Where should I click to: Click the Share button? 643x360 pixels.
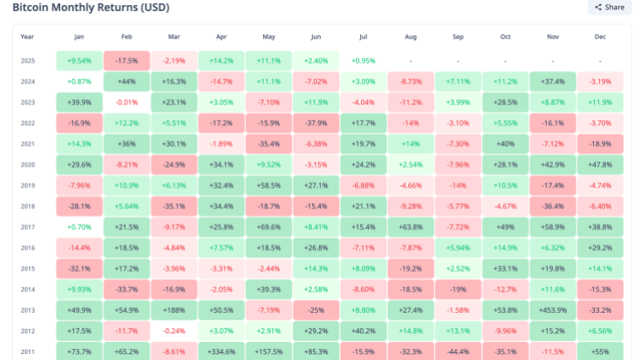tap(610, 7)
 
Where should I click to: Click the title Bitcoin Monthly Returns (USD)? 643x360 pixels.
tap(90, 7)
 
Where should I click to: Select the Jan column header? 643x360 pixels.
tap(79, 37)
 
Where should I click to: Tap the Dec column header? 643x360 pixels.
tap(600, 37)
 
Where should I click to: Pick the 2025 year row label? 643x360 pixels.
tap(27, 61)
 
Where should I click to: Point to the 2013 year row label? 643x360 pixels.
tap(27, 309)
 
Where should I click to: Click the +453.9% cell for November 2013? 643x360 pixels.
tap(553, 309)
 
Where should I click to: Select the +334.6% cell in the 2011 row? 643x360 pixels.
tap(221, 351)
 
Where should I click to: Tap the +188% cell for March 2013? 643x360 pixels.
tap(174, 309)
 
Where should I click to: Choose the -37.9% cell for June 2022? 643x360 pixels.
tap(316, 123)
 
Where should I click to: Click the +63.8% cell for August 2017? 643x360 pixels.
tap(411, 226)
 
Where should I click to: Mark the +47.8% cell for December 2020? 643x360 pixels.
tap(600, 164)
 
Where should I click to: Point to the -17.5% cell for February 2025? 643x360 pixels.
tap(127, 61)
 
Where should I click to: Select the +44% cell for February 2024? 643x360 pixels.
tap(127, 81)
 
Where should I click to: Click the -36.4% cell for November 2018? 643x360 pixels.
tap(553, 206)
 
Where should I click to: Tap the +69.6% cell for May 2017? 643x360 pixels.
tap(268, 226)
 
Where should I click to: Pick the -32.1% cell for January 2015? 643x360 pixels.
tap(79, 268)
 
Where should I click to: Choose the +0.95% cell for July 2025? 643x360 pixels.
tap(364, 61)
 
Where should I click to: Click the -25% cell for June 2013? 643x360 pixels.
tap(316, 309)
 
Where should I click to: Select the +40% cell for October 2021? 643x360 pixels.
tap(506, 143)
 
